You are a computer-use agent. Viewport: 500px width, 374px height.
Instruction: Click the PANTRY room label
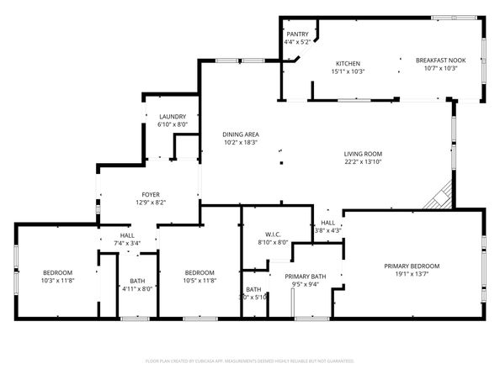tap(297, 34)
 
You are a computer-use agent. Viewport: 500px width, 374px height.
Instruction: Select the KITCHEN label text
tap(348, 64)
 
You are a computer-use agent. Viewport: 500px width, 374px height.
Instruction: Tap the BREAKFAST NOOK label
tap(440, 61)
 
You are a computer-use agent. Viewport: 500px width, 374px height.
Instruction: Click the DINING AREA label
tap(240, 134)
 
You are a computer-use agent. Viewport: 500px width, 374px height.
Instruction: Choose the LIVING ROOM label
tap(363, 153)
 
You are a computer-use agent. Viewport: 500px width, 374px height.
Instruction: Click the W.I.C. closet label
tap(273, 234)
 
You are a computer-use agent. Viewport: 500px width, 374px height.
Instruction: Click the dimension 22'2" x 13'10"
tap(363, 161)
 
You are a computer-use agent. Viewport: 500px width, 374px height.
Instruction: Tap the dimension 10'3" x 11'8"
tap(58, 281)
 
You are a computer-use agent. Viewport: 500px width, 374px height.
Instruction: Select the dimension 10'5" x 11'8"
tap(199, 281)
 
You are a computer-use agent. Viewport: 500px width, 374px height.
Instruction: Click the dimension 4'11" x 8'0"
tap(137, 289)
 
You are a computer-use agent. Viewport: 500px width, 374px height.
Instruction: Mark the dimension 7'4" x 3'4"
tap(127, 243)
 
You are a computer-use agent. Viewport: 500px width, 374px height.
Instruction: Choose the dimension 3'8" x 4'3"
tap(327, 230)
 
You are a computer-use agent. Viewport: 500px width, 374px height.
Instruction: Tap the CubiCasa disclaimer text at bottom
tap(250, 361)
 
